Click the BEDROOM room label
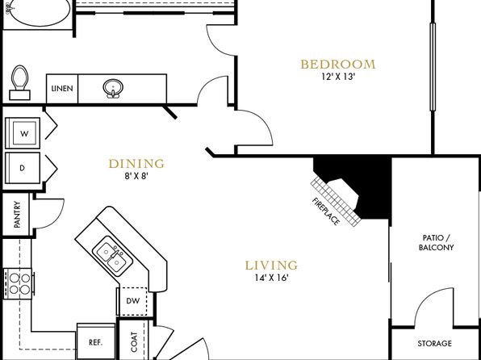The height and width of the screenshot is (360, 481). tap(337, 65)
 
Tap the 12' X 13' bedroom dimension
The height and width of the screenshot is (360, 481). tap(338, 77)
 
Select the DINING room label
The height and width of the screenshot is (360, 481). tap(136, 164)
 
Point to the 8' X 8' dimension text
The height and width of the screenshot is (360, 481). tap(136, 176)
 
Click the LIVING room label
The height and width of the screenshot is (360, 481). tap(271, 266)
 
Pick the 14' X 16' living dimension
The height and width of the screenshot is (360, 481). tap(271, 278)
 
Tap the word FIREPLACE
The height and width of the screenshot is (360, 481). tap(326, 211)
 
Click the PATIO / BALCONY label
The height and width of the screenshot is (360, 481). tap(436, 242)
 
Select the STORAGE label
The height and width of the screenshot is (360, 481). tap(434, 343)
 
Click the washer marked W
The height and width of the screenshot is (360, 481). tap(23, 133)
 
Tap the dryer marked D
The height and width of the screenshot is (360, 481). tap(23, 168)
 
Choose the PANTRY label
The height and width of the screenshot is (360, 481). tap(17, 214)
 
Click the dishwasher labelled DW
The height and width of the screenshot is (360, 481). tap(133, 301)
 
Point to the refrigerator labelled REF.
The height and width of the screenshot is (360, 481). tap(96, 341)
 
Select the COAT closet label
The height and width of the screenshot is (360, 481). tap(134, 341)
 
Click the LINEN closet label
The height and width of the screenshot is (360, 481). tap(62, 89)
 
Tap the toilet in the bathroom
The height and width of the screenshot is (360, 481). tap(20, 82)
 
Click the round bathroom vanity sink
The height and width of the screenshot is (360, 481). tap(113, 88)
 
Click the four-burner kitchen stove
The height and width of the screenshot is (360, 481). tap(19, 283)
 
